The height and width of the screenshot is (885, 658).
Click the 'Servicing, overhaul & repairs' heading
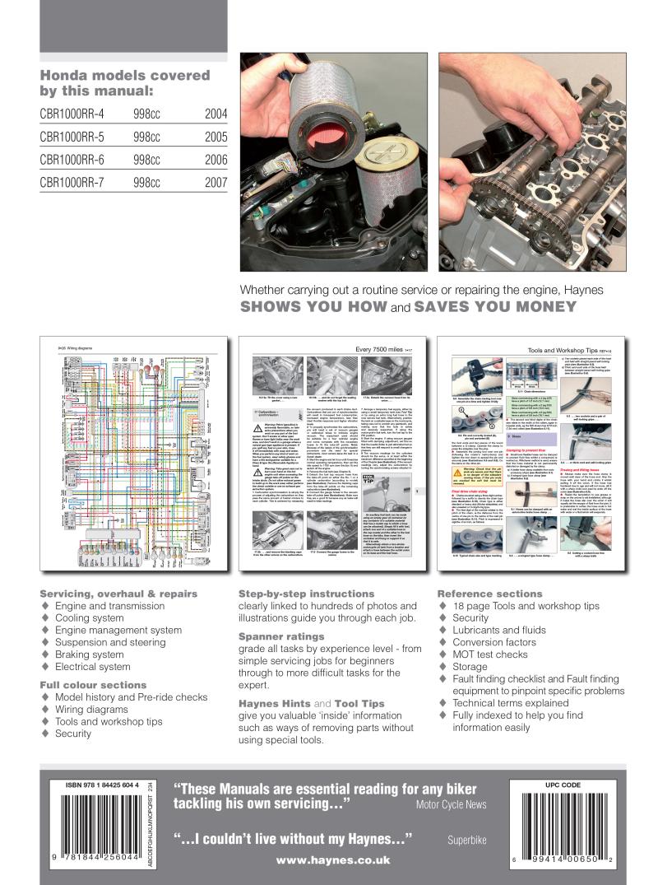pos(118,593)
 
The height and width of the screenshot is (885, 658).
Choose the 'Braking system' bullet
pos(90,655)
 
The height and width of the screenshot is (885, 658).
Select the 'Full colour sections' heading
pos(93,684)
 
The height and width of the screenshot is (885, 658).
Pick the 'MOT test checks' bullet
pos(490,654)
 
